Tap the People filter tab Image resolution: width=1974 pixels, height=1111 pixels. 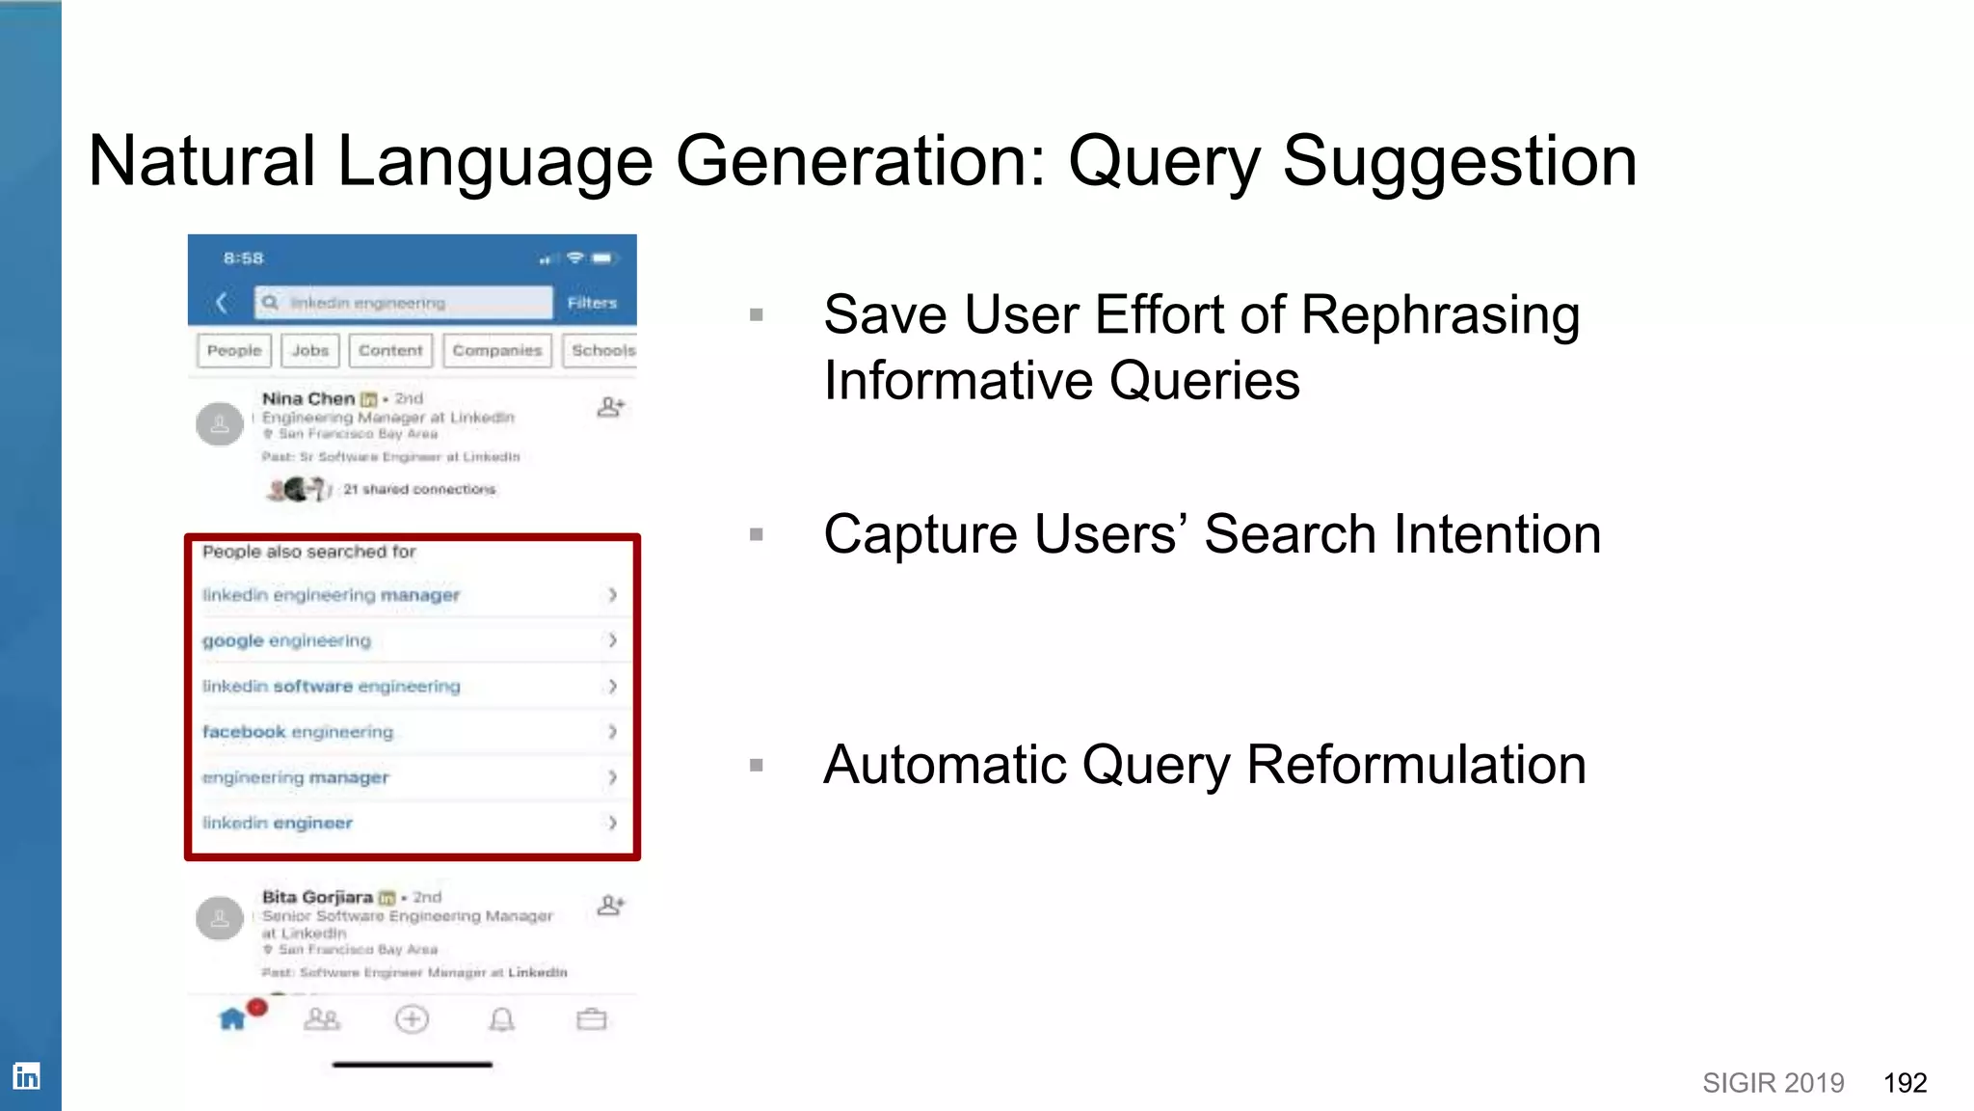[234, 350]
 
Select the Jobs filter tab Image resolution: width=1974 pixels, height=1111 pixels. [310, 350]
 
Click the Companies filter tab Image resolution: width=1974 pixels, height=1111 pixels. [496, 350]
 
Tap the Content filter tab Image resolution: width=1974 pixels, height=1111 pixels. [390, 350]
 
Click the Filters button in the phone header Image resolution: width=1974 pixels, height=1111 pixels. [592, 303]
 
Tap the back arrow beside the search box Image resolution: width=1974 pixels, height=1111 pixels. [222, 303]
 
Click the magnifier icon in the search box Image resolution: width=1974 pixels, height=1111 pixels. [271, 303]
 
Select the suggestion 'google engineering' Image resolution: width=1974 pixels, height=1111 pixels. [286, 640]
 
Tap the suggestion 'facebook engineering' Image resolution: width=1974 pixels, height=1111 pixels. [298, 732]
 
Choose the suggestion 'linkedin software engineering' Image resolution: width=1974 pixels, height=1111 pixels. [332, 687]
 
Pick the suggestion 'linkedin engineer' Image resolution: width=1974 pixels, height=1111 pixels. [278, 823]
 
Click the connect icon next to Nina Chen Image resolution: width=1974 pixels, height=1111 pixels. [610, 407]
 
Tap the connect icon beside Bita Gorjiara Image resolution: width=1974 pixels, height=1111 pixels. [610, 906]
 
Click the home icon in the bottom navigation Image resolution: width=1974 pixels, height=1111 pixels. [232, 1019]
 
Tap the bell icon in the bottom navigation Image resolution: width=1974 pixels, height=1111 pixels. [501, 1019]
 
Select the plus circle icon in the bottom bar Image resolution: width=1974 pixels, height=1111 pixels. [412, 1019]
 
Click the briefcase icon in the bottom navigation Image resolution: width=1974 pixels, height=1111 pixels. [591, 1019]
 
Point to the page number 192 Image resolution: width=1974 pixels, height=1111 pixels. [1905, 1083]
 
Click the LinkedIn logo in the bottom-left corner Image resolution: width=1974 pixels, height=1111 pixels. [26, 1075]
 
